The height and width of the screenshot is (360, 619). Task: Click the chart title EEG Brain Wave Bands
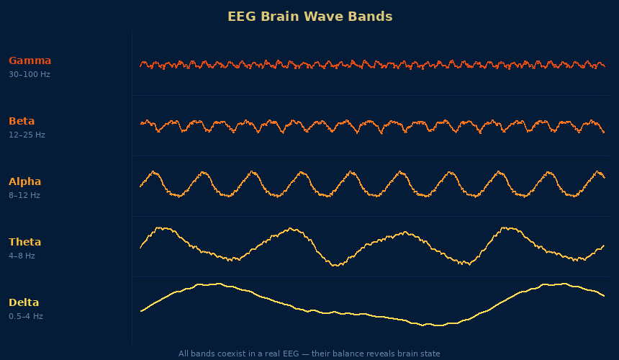pos(309,17)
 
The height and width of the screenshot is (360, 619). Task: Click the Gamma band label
pos(30,60)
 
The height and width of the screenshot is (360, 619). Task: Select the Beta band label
pos(22,121)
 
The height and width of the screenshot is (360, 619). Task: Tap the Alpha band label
pos(24,181)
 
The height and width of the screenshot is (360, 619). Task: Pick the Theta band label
pos(24,242)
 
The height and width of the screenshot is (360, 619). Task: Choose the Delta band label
pos(24,302)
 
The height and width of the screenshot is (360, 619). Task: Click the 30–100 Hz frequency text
pos(30,74)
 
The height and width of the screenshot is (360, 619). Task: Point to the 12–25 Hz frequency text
pos(27,135)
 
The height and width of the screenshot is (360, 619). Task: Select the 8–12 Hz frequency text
pos(24,195)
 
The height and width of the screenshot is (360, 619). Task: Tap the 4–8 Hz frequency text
pos(22,256)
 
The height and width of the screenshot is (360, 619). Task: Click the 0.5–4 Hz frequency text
pos(26,316)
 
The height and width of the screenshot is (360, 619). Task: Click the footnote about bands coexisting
pos(309,354)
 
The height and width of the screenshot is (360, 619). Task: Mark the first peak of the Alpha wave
pos(153,172)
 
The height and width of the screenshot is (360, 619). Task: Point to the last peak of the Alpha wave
pos(598,171)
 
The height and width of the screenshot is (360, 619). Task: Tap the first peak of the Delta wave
pos(209,284)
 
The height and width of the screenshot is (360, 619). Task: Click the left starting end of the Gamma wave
pos(140,66)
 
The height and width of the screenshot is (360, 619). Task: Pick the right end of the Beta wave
pos(604,132)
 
